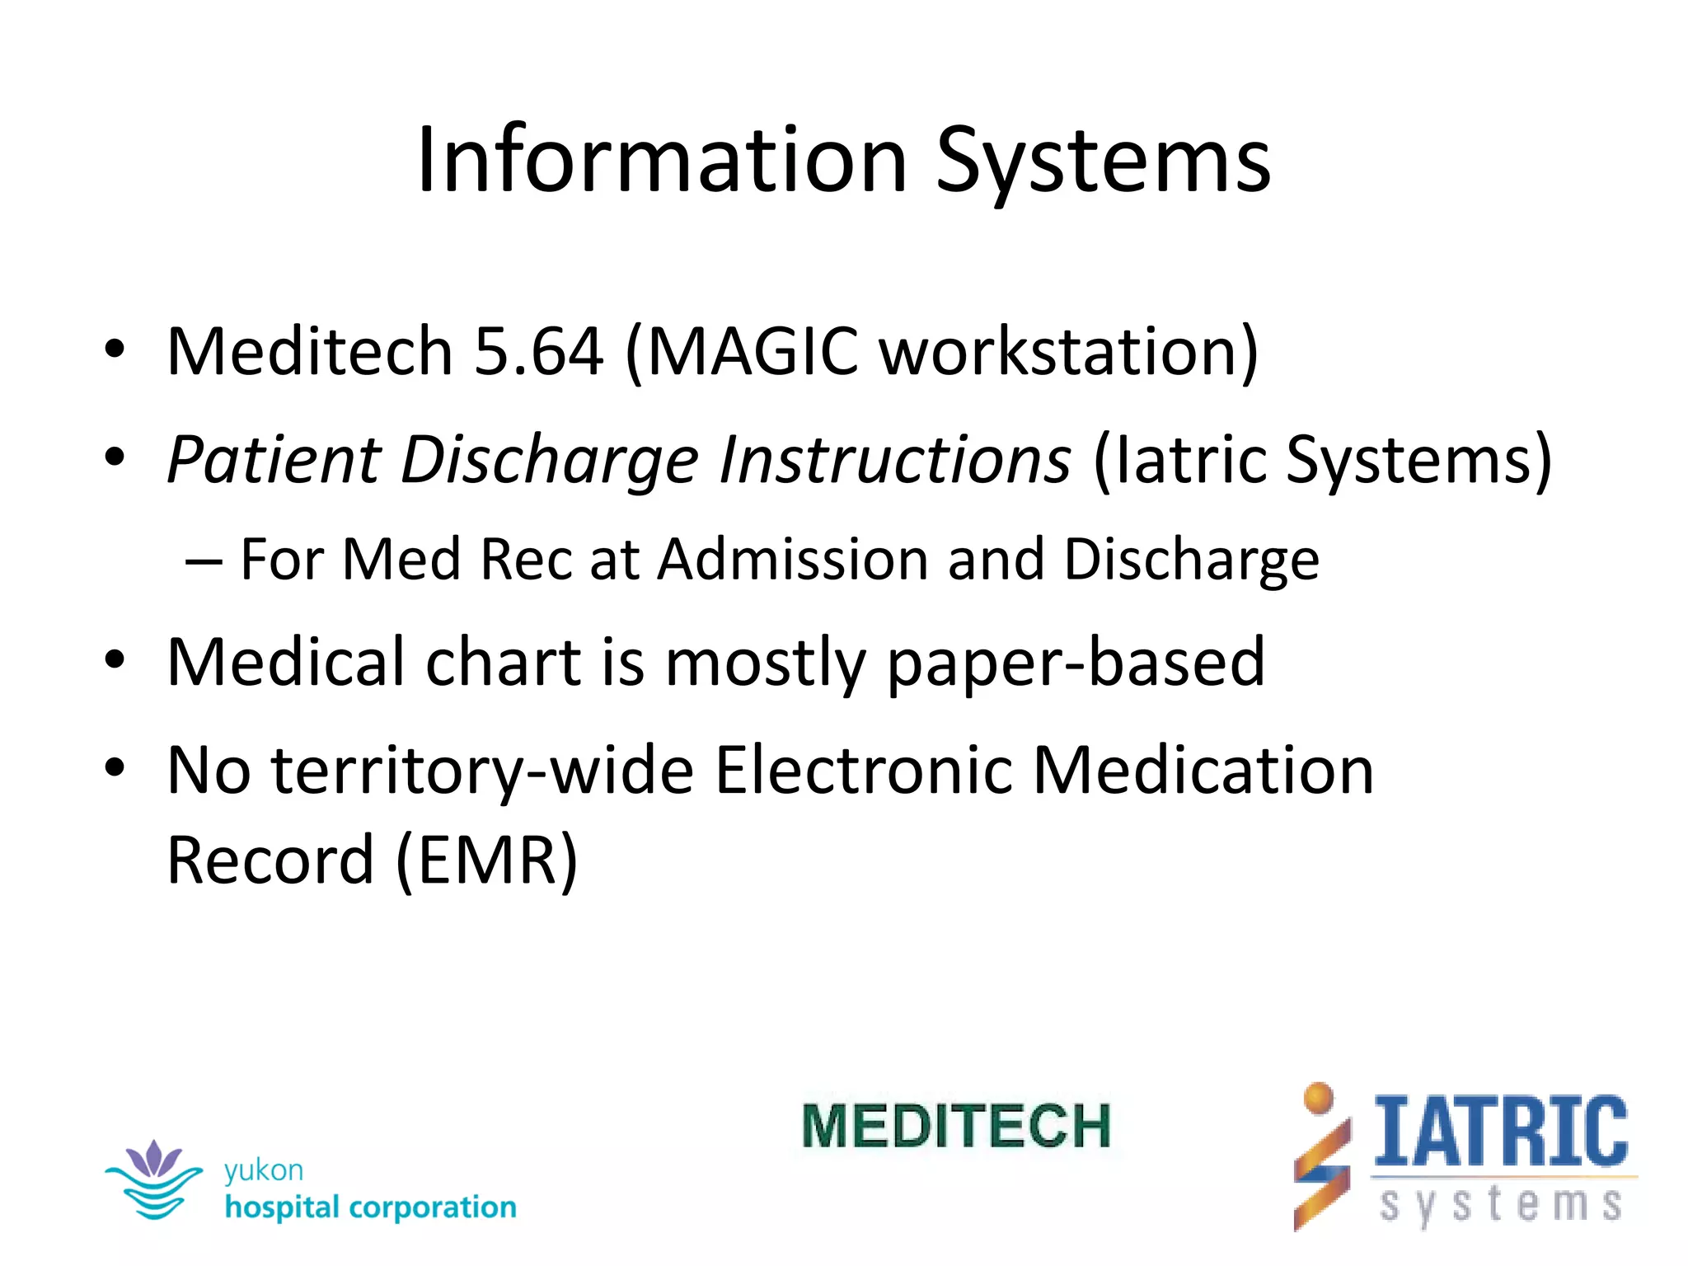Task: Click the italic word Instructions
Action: [x=894, y=459]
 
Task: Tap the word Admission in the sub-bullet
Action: [x=794, y=560]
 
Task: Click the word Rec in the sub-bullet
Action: [x=525, y=560]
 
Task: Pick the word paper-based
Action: [x=1076, y=662]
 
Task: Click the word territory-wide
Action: [x=483, y=770]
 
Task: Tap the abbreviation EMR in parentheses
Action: [x=487, y=860]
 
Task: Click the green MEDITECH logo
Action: [x=956, y=1126]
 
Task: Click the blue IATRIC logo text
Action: [x=1501, y=1131]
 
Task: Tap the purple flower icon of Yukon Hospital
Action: [x=153, y=1158]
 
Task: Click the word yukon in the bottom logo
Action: [x=264, y=1170]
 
